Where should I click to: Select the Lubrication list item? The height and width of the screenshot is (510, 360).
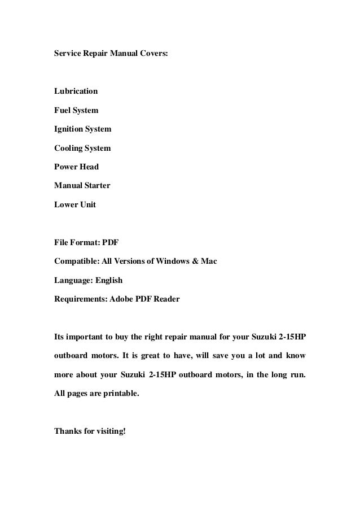76,91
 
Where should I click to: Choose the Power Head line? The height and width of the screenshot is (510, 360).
76,167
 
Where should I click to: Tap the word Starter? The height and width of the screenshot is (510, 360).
96,185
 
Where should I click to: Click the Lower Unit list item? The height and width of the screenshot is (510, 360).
74,204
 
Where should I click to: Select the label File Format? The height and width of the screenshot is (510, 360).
76,243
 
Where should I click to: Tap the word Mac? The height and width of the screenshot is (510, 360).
209,261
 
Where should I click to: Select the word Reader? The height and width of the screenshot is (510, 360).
166,299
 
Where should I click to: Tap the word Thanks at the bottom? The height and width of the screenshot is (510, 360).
67,432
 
